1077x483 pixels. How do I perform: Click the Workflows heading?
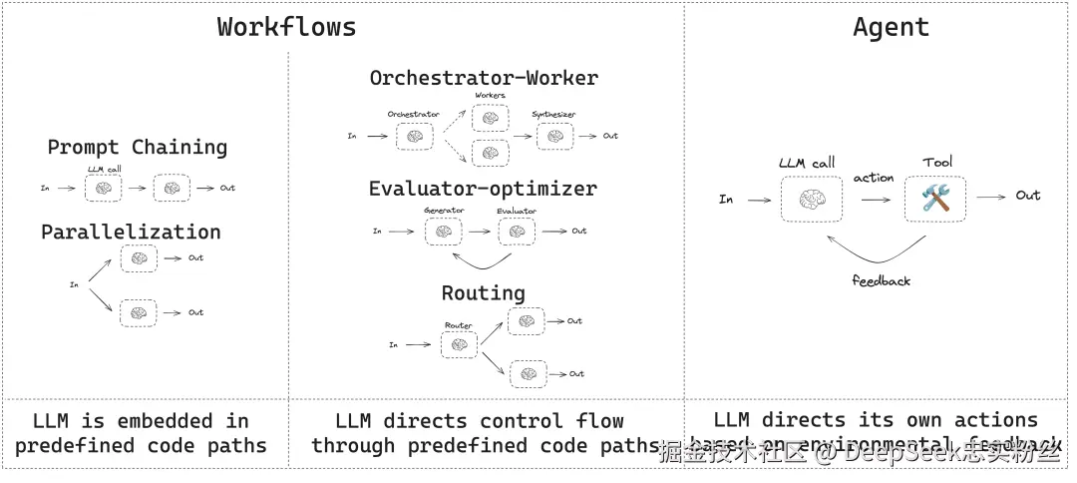pyautogui.click(x=286, y=27)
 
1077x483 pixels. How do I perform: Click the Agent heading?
pyautogui.click(x=891, y=27)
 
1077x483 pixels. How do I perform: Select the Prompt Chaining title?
pyautogui.click(x=138, y=148)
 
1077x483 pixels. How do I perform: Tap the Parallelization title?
pyautogui.click(x=131, y=232)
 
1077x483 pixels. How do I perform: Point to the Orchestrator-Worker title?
pyautogui.click(x=484, y=78)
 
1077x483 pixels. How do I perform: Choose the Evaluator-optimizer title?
pyautogui.click(x=483, y=189)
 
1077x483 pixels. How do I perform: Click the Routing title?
pyautogui.click(x=484, y=293)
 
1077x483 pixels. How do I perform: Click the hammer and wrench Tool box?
pyautogui.click(x=936, y=199)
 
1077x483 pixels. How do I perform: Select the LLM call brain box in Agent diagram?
pyautogui.click(x=811, y=199)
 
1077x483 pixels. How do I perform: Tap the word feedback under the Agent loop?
pyautogui.click(x=882, y=280)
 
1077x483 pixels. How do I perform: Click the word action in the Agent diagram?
pyautogui.click(x=874, y=178)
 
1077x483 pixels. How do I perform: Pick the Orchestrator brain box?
pyautogui.click(x=415, y=136)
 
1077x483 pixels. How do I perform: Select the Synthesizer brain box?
pyautogui.click(x=554, y=136)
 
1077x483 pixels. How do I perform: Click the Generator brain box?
pyautogui.click(x=445, y=232)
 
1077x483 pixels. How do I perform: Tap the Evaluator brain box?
pyautogui.click(x=517, y=232)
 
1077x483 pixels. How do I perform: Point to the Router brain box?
pyautogui.click(x=459, y=344)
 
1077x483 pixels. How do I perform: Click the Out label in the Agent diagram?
pyautogui.click(x=1028, y=196)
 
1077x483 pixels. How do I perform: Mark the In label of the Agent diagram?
pyautogui.click(x=726, y=200)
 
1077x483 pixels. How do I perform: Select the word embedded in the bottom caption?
pyautogui.click(x=165, y=420)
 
